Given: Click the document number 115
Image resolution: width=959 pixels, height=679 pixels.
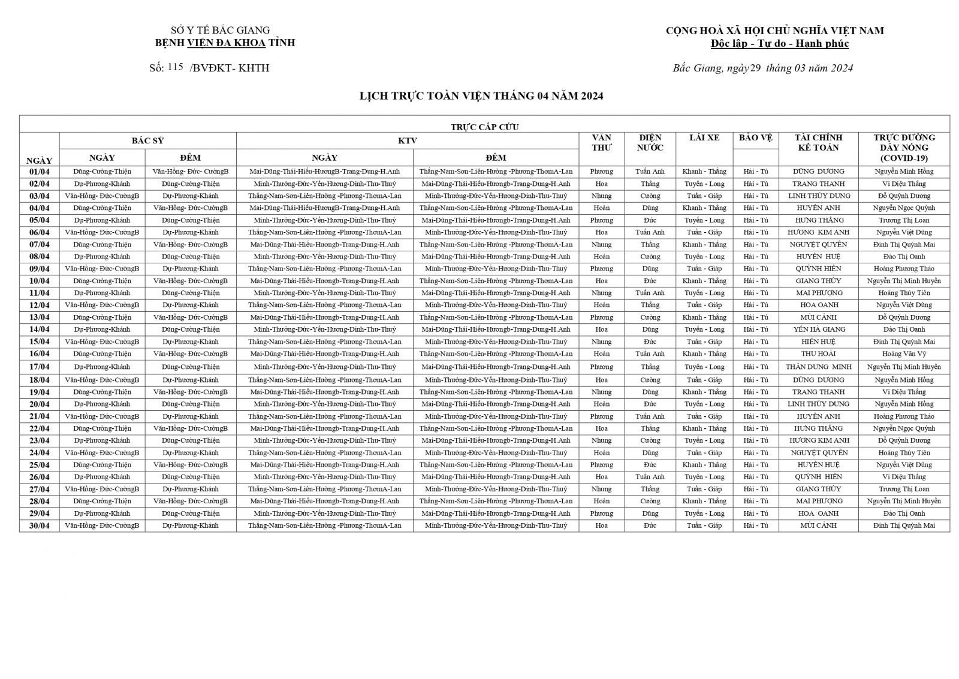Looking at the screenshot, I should (176, 67).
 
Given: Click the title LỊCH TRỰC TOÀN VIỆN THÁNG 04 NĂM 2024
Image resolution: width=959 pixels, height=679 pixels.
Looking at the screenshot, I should (481, 96).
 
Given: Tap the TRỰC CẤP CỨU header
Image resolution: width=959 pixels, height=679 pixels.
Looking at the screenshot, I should (484, 127).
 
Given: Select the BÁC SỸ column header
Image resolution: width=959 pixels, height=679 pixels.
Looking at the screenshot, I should (147, 140).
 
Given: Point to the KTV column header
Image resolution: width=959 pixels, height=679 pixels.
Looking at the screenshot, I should (407, 140).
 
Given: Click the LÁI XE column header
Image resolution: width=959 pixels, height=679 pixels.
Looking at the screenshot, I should (704, 138).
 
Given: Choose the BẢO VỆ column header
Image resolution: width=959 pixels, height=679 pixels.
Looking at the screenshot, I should (755, 138).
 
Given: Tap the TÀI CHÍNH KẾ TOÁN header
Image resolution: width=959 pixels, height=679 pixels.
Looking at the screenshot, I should (818, 143).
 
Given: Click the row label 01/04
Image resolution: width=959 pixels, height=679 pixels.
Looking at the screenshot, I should (39, 172).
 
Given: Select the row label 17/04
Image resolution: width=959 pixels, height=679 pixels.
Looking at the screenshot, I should (39, 367).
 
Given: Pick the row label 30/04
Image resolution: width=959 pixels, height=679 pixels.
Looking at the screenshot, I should (39, 526).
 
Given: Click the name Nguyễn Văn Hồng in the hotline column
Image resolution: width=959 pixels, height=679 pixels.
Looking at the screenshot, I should (903, 172).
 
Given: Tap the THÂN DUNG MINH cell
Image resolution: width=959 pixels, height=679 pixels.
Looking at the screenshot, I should (818, 367).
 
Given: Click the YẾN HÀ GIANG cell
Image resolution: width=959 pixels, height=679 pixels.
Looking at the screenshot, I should (818, 329).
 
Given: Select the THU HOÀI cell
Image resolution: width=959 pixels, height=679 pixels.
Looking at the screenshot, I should (818, 354).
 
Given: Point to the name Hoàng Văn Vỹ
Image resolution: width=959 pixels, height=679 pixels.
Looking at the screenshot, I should (903, 354).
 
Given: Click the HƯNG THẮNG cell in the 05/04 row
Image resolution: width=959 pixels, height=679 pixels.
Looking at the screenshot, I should (818, 220).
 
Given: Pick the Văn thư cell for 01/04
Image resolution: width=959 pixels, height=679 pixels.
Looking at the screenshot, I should (601, 172).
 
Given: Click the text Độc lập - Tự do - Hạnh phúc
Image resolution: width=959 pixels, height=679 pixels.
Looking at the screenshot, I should (779, 44).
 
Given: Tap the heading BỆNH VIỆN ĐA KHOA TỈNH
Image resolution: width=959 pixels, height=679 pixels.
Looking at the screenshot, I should (225, 43).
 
